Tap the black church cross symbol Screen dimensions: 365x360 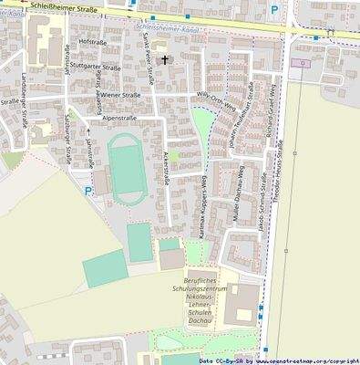[165, 60]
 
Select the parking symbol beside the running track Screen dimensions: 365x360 [87, 191]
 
